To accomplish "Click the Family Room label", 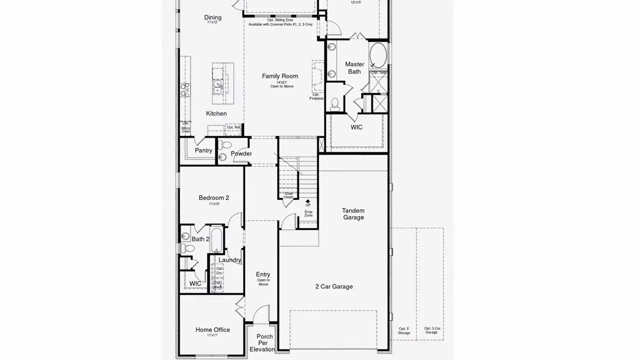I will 280,76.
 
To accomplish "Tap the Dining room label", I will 213,17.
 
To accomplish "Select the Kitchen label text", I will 216,113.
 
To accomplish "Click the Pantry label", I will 203,150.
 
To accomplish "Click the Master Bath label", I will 354,68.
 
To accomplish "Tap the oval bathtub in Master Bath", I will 378,55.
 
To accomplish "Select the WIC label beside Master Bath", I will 356,127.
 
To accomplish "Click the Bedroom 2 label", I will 213,198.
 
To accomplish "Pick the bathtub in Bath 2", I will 216,240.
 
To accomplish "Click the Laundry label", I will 229,260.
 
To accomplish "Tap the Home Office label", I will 213,330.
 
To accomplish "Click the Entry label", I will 263,274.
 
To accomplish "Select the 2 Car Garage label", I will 334,286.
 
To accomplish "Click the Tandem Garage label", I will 353,214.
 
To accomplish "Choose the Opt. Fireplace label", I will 316,96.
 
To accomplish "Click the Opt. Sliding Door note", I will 280,22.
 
